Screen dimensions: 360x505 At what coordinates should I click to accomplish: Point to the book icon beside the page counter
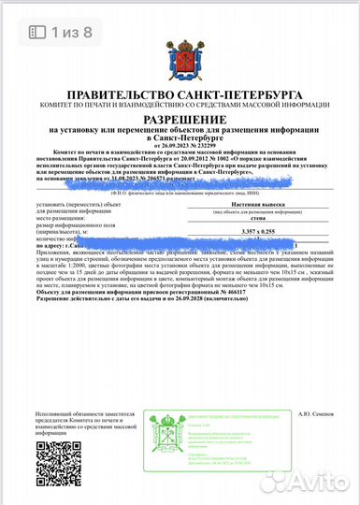click(x=37, y=31)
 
